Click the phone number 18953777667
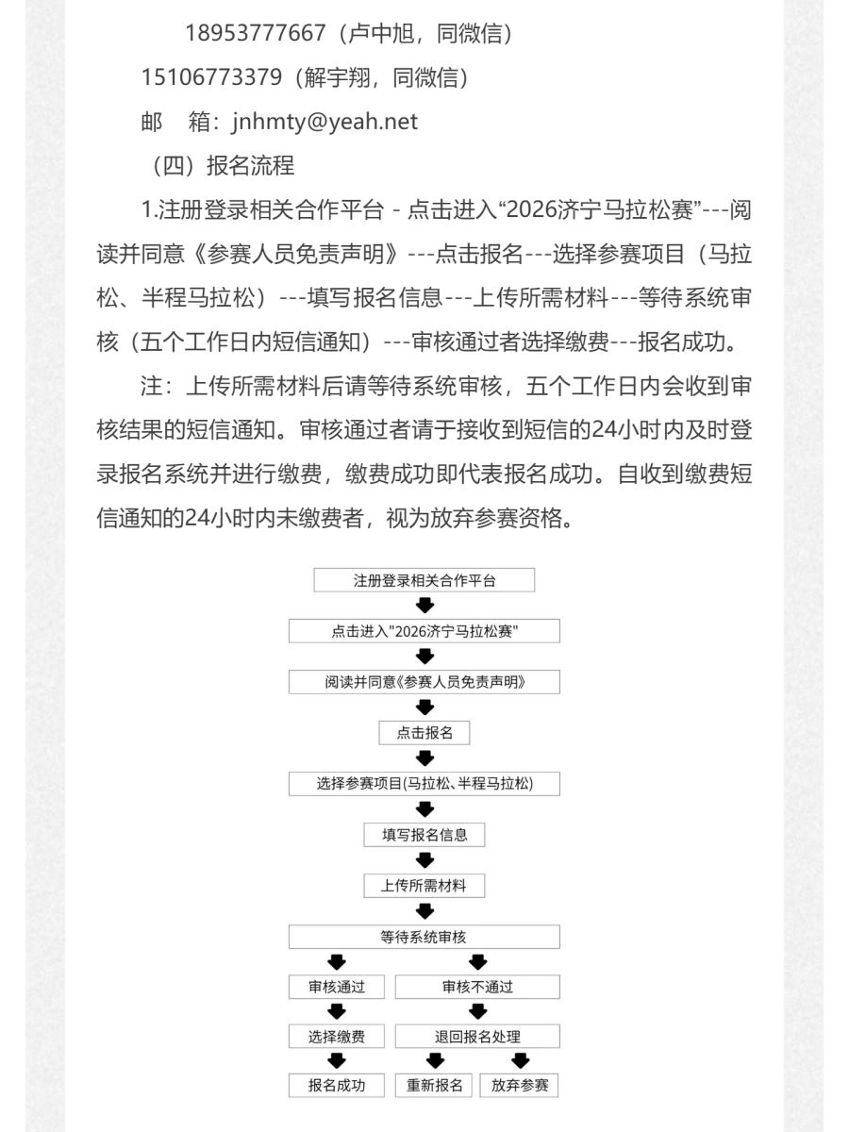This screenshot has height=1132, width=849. coord(255,34)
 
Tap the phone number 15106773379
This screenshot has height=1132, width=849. coord(211,77)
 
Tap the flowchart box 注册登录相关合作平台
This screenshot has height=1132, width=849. coord(424,580)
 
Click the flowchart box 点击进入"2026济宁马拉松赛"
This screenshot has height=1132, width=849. coord(424,631)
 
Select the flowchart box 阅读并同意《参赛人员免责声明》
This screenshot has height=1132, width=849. coord(424,682)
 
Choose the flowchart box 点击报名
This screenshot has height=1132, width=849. coord(424,733)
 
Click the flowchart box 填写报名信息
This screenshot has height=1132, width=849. coord(424,835)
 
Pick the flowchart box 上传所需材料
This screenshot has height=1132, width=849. coord(424,886)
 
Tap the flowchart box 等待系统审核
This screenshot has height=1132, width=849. coord(424,937)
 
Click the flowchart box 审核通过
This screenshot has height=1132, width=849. coord(336,987)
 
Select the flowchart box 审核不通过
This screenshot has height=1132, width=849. coord(477,987)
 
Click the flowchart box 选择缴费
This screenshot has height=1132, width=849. coord(336,1037)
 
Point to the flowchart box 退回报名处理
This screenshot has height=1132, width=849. coord(477,1037)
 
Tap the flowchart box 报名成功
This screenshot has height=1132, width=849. coord(336,1085)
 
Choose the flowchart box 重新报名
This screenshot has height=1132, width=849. coord(435,1085)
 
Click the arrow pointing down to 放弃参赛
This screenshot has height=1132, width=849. coord(520,1061)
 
